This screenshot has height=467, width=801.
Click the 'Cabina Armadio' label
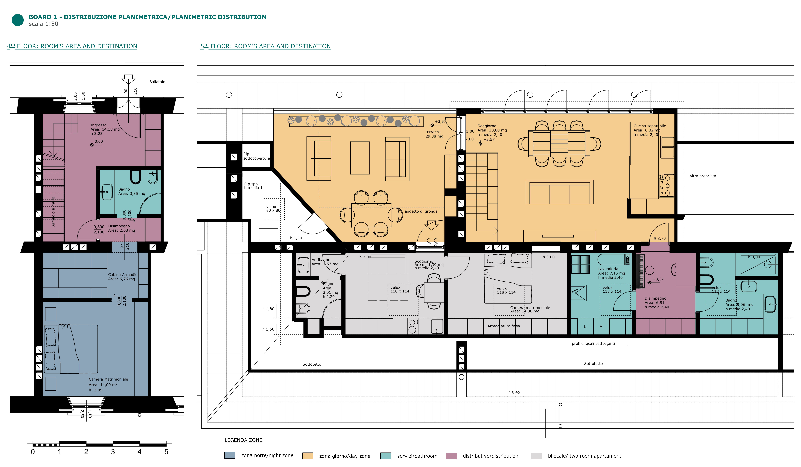pyautogui.click(x=123, y=275)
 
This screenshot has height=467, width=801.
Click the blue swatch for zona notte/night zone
pyautogui.click(x=230, y=455)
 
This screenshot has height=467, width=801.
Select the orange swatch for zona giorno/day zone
pyautogui.click(x=308, y=456)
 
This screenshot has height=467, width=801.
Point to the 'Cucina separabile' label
pyautogui.click(x=650, y=126)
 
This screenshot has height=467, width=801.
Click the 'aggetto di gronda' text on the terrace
pyautogui.click(x=421, y=211)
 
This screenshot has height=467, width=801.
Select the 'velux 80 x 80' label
pyautogui.click(x=273, y=208)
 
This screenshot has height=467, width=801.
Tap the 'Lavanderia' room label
pyautogui.click(x=608, y=269)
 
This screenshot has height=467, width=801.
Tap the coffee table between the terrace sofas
pyautogui.click(x=360, y=158)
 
